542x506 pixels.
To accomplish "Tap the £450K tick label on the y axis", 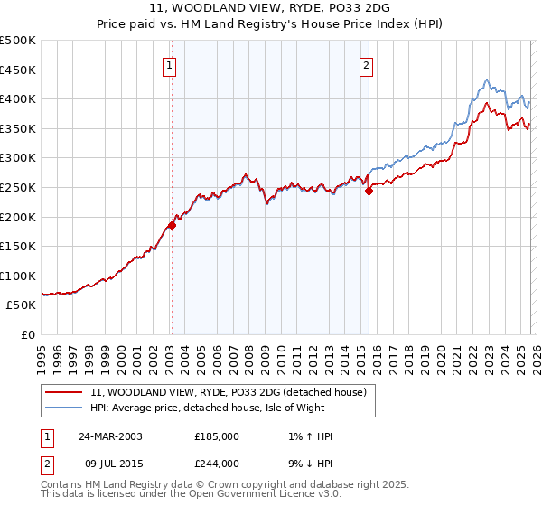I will tap(18, 70).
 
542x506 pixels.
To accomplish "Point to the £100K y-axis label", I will tap(18, 276).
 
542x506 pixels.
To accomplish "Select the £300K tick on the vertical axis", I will tap(18, 158).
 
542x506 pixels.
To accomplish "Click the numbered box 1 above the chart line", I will tap(170, 65).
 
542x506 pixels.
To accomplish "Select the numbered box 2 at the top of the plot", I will tap(367, 65).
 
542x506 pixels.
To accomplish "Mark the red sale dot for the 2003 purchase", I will tap(172, 226).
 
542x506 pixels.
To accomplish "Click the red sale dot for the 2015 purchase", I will tap(369, 191).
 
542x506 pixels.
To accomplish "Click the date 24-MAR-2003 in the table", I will tap(109, 436).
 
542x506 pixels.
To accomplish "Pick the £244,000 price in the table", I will tap(217, 464).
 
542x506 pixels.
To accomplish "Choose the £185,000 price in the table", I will tap(217, 436).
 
